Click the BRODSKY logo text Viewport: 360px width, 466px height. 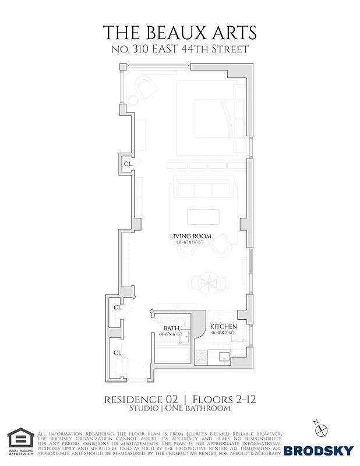click(x=319, y=450)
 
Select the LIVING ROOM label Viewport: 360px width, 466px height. click(x=190, y=236)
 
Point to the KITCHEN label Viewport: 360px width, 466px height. click(x=224, y=326)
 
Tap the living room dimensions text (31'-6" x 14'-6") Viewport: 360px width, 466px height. click(x=190, y=242)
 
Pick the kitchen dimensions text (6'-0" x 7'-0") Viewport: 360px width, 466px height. click(x=224, y=333)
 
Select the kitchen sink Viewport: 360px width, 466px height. click(x=224, y=356)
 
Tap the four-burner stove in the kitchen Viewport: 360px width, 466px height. click(x=201, y=355)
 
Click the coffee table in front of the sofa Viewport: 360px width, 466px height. click(x=203, y=217)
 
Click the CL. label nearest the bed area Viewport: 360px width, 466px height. click(x=128, y=164)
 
